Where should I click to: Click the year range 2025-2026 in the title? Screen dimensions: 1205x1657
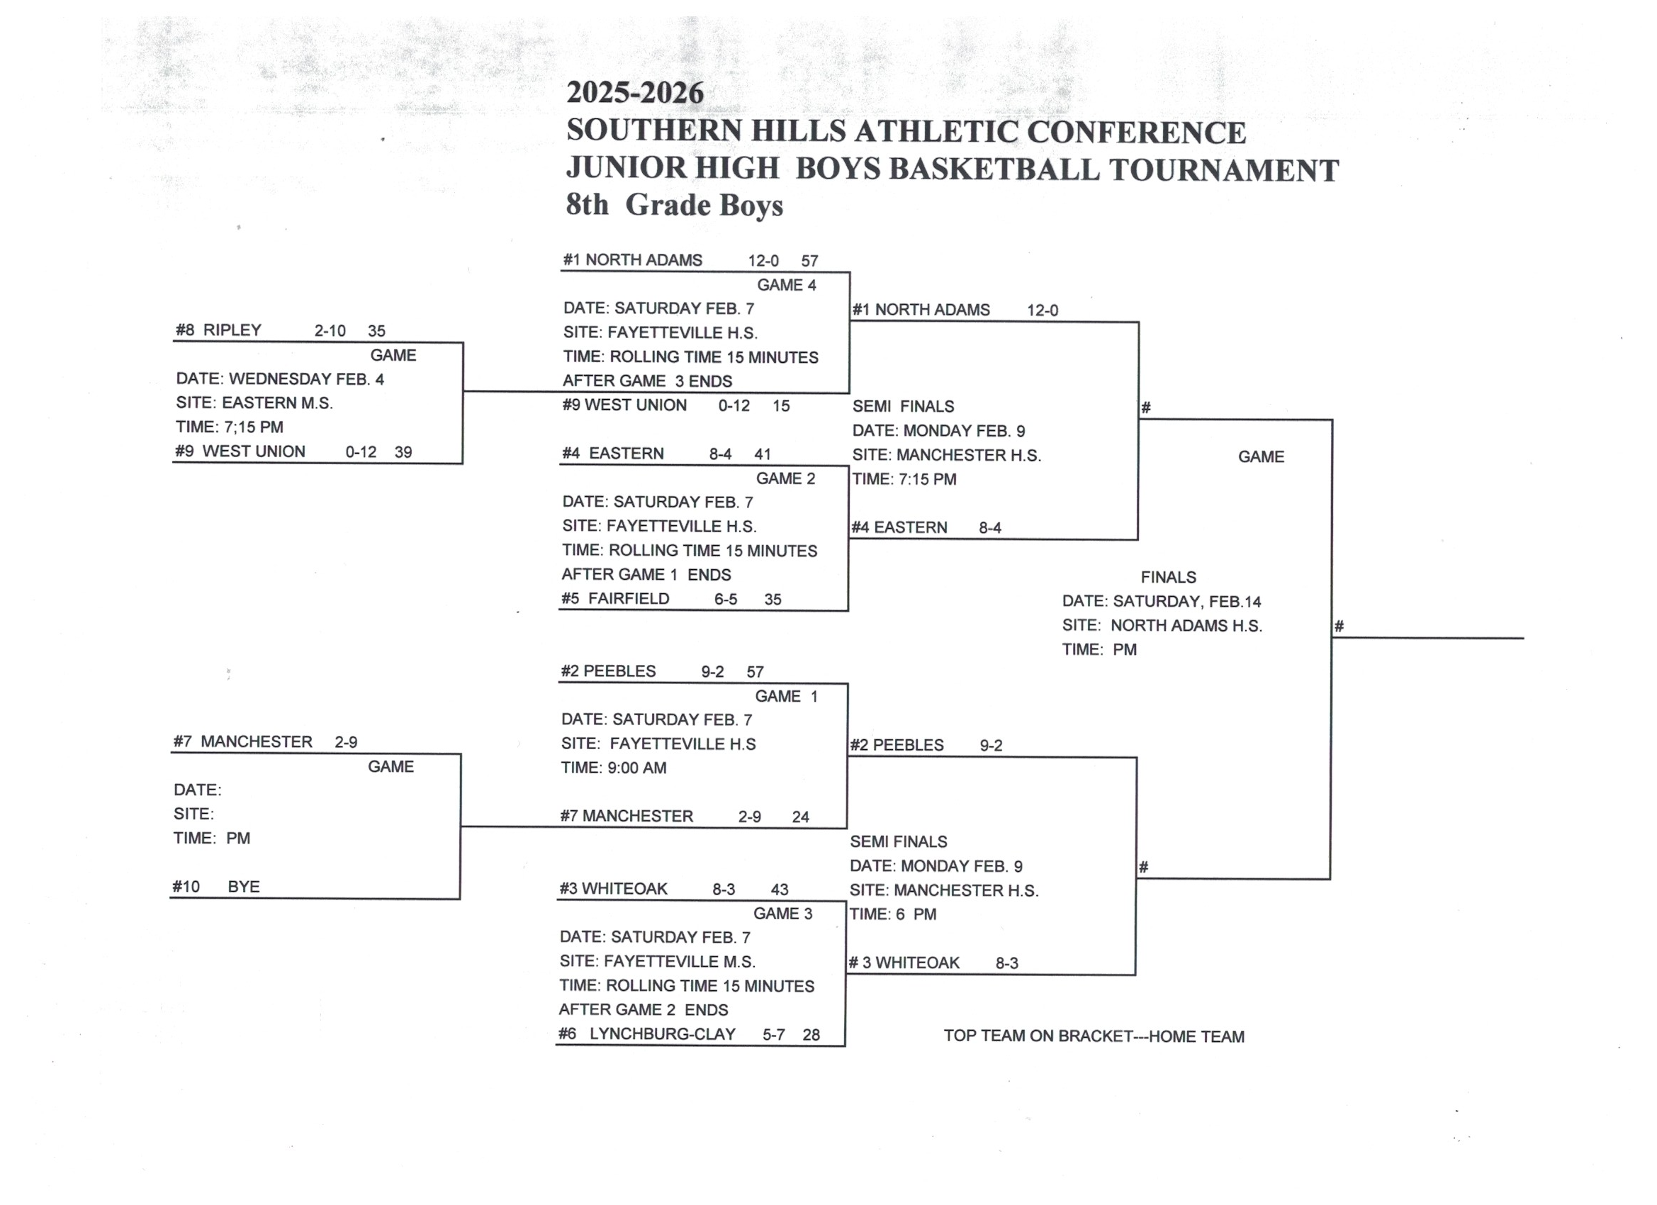pyautogui.click(x=635, y=93)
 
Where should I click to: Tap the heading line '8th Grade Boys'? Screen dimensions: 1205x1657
pyautogui.click(x=673, y=206)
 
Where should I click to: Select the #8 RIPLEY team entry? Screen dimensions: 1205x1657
pyautogui.click(x=218, y=330)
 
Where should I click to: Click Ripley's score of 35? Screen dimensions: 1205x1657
pyautogui.click(x=376, y=331)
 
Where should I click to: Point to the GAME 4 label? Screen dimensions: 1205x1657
pyautogui.click(x=786, y=285)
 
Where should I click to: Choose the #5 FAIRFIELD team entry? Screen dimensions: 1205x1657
pyautogui.click(x=615, y=599)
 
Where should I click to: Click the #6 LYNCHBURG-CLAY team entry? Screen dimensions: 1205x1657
pyautogui.click(x=647, y=1034)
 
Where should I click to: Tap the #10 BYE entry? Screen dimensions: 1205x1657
pyautogui.click(x=216, y=887)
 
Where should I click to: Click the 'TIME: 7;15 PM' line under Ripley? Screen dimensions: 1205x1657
pyautogui.click(x=230, y=427)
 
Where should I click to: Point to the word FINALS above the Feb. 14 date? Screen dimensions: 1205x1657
pyautogui.click(x=1168, y=577)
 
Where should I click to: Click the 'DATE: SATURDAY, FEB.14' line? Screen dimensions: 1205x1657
pyautogui.click(x=1162, y=602)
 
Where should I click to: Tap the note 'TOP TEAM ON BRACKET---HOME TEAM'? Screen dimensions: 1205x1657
pyautogui.click(x=1094, y=1036)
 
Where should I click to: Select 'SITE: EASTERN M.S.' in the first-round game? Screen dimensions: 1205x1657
pyautogui.click(x=254, y=403)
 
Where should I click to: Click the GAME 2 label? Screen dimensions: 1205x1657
pyautogui.click(x=785, y=478)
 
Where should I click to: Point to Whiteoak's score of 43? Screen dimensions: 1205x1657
pyautogui.click(x=780, y=890)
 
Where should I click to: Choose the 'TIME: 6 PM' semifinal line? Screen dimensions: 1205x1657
pyautogui.click(x=893, y=915)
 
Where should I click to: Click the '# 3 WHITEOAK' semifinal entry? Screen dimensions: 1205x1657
pyautogui.click(x=904, y=963)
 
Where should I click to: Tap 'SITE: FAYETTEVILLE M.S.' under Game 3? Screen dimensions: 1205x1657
pyautogui.click(x=658, y=962)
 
